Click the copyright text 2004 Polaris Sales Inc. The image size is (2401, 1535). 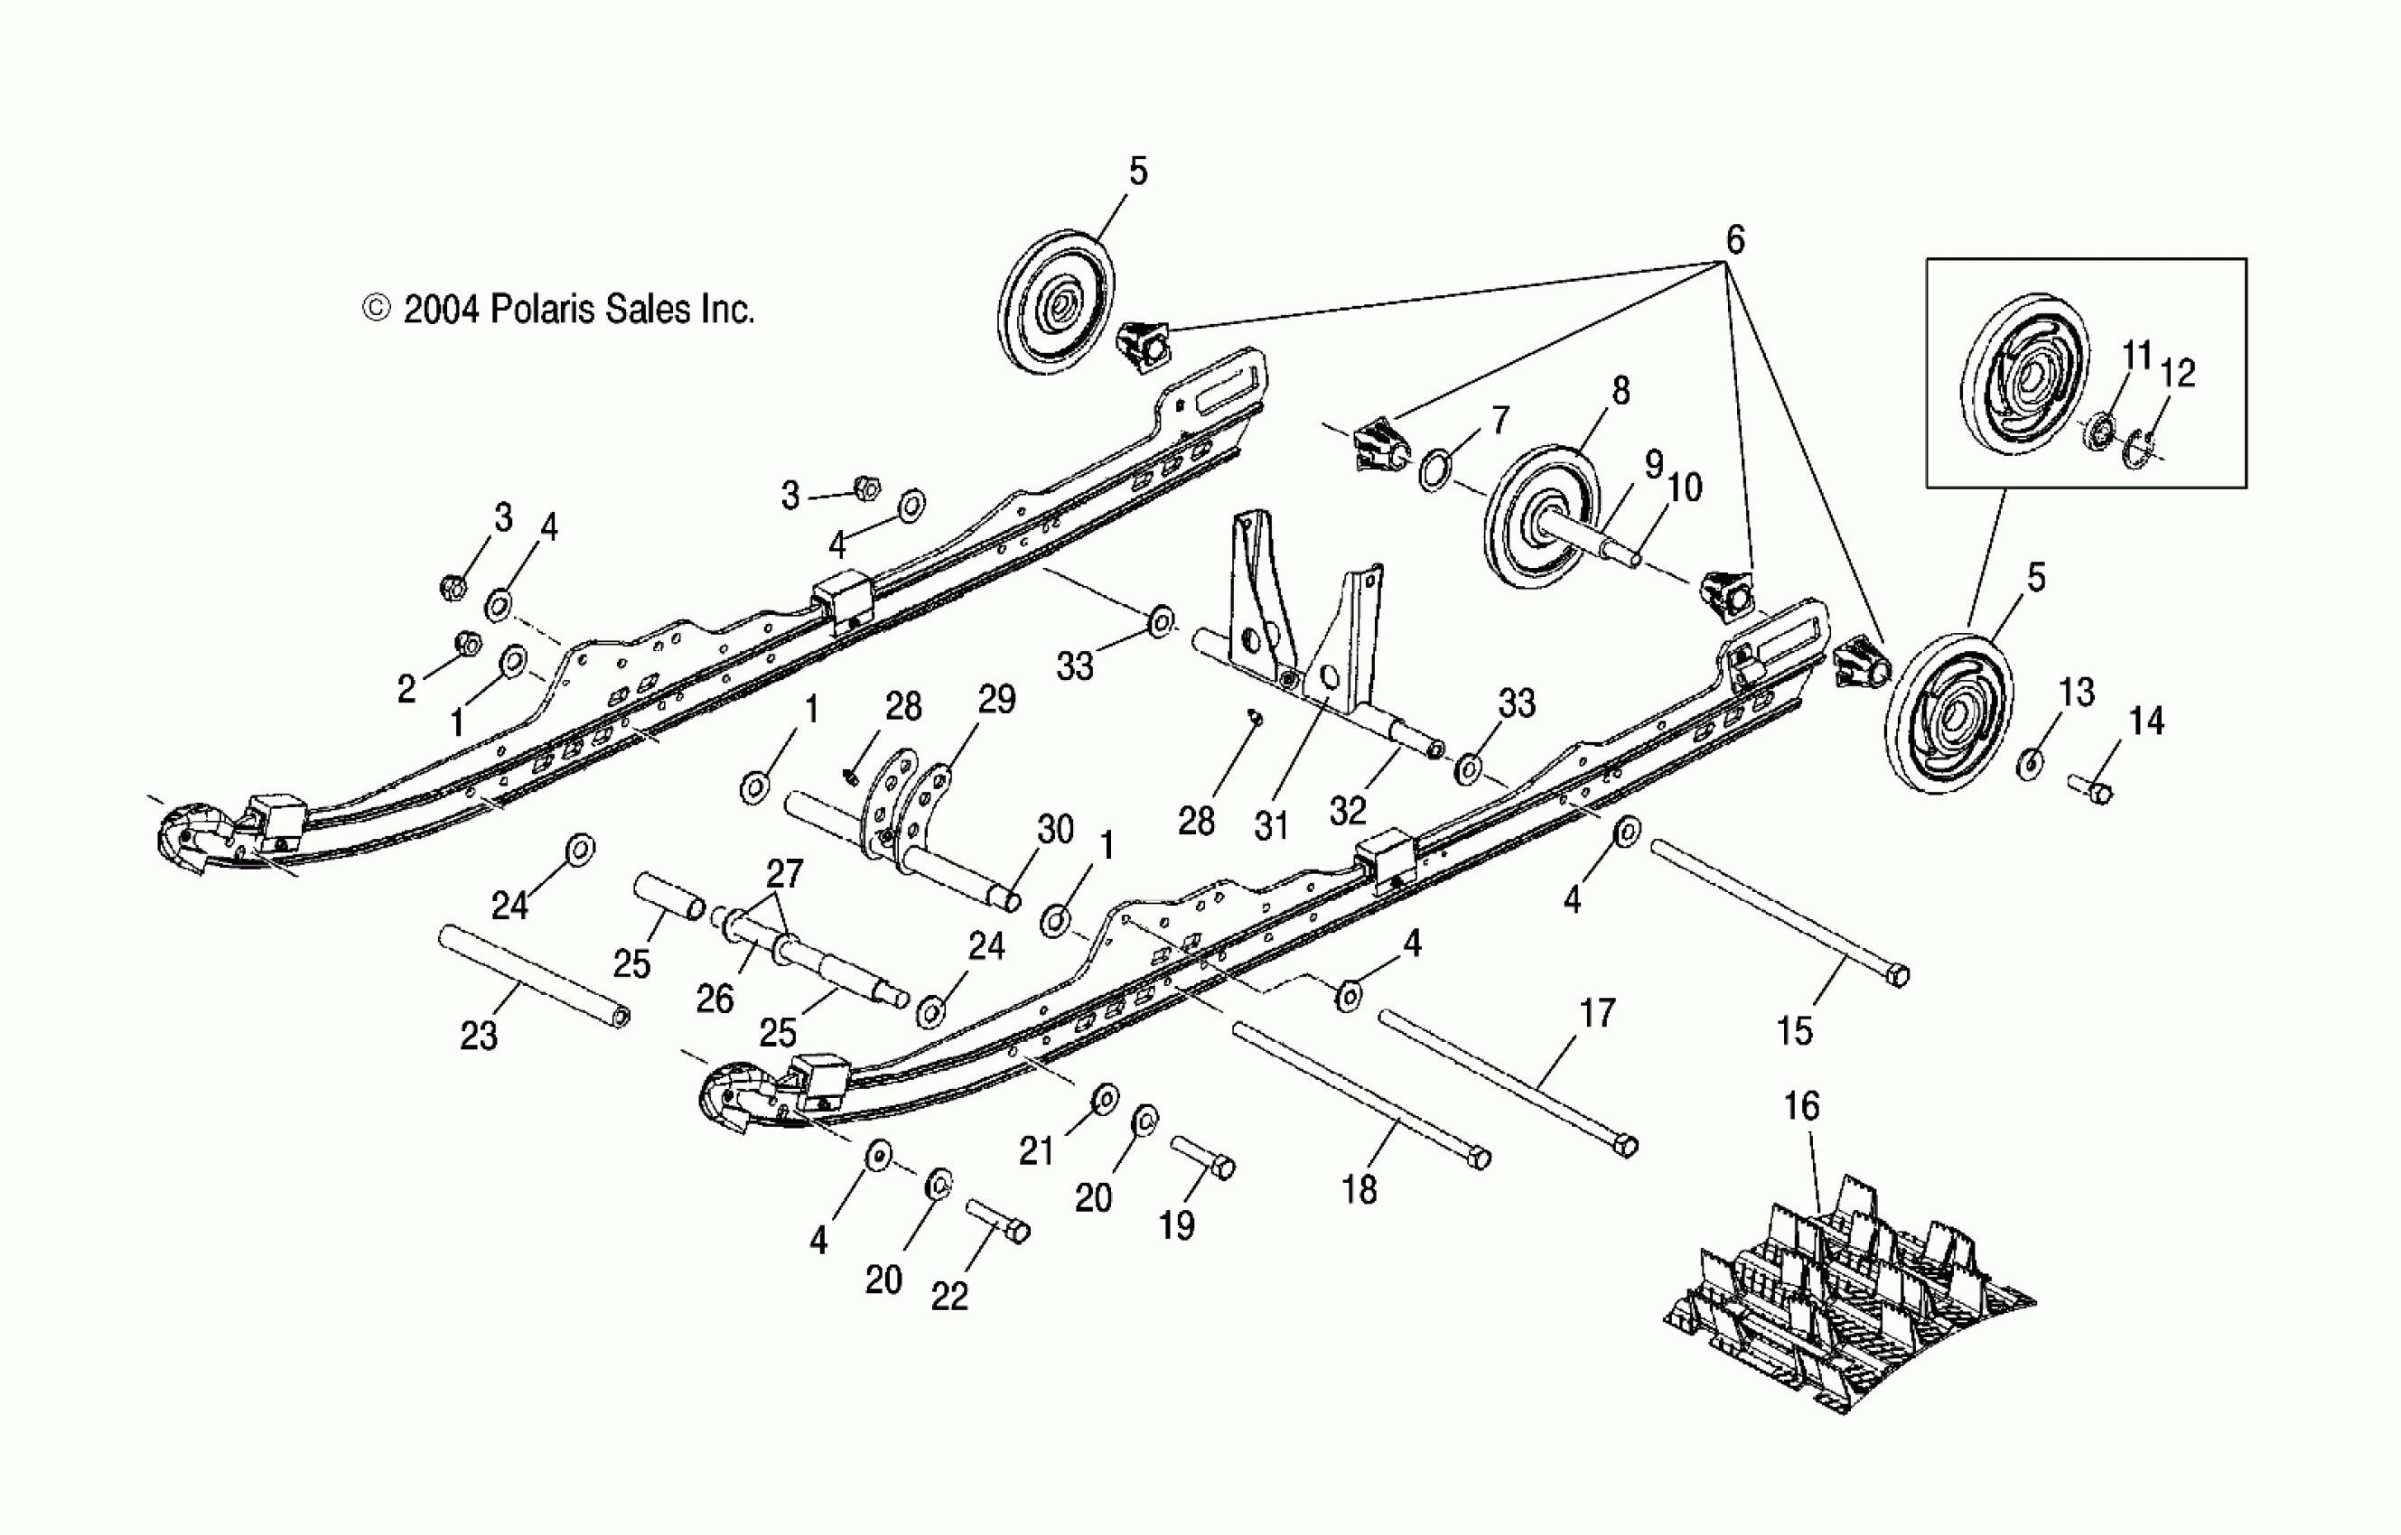pos(558,310)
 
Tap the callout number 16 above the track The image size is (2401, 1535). pos(1801,1105)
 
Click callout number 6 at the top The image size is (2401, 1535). pos(1735,240)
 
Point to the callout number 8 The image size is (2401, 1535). pos(1621,390)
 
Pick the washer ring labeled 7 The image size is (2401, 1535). pos(1434,470)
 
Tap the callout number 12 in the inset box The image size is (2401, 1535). pos(2178,373)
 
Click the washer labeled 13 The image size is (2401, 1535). pos(2030,764)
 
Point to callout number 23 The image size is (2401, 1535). pos(479,1037)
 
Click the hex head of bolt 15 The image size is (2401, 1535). pos(1899,976)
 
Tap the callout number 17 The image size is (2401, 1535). pos(1597,1013)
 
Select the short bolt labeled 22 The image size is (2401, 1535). pos(998,1222)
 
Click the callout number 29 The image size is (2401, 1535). pos(996,699)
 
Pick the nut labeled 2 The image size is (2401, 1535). pos(467,644)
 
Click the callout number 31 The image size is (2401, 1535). pos(1271,825)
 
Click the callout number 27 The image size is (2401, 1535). pos(785,873)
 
